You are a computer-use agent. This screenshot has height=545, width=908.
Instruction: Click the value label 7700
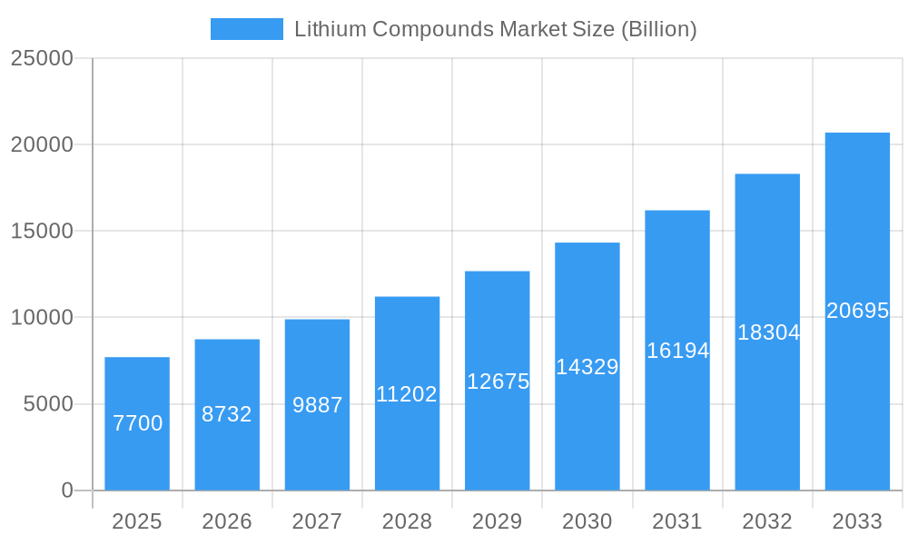138,423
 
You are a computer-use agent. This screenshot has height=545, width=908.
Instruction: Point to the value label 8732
227,414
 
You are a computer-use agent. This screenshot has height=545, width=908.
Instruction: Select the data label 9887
317,405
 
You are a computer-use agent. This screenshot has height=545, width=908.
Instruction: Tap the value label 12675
498,381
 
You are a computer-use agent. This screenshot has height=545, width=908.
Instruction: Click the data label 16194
677,351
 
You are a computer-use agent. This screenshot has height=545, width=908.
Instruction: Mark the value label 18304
768,332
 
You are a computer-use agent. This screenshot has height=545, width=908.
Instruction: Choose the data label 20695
857,311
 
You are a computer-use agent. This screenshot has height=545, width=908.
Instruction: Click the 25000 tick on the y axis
41,58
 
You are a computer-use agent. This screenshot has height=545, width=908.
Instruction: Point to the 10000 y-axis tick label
41,318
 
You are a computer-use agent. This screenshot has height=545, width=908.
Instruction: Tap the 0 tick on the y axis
67,490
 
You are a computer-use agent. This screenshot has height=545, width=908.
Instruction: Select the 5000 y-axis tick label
47,404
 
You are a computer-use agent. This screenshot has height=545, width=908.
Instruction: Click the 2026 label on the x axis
227,521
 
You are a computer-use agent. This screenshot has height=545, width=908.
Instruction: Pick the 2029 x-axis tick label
498,521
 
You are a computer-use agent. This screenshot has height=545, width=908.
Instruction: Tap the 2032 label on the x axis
767,521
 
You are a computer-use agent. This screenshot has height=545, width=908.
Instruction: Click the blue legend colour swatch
247,29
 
